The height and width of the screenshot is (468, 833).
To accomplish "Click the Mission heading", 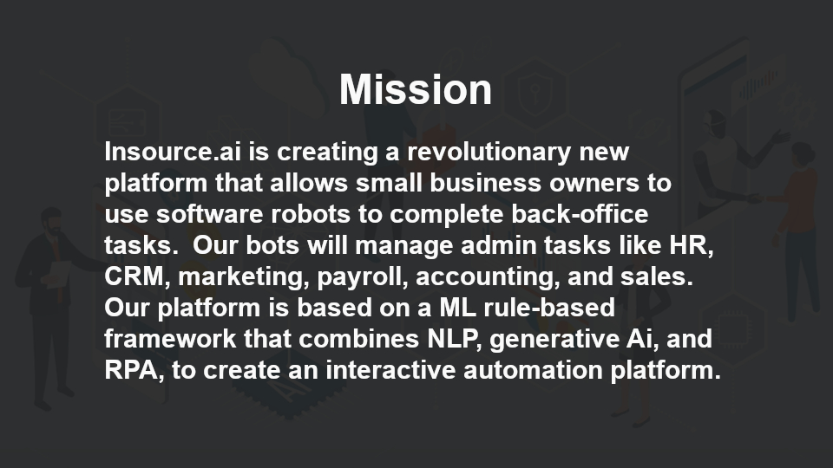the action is tap(416, 89).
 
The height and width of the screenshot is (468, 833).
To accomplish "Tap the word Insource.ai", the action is tap(173, 152).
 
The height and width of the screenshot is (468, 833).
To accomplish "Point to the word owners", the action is tap(594, 184).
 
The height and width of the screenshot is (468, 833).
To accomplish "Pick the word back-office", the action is tap(580, 214).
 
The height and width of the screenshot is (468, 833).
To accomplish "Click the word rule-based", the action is tap(549, 308).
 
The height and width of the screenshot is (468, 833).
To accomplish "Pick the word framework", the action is tap(170, 339).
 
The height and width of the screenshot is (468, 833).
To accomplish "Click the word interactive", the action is tap(390, 370).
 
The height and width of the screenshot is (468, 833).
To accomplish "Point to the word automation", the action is tap(533, 370).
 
